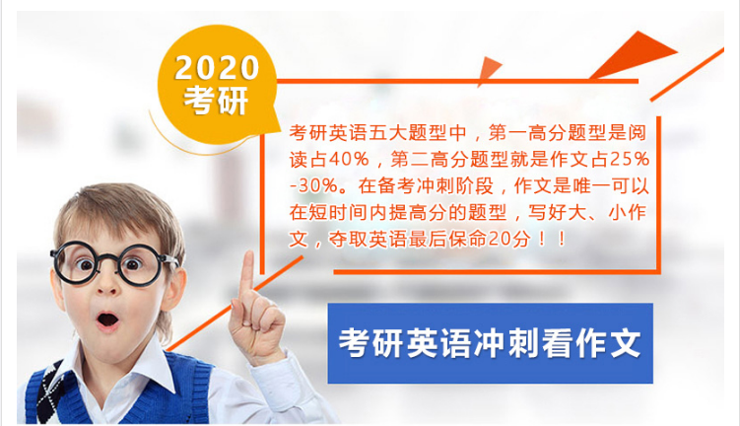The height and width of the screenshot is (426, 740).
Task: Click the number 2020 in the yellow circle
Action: coord(217,67)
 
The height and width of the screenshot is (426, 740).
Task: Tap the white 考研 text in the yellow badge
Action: coord(216,100)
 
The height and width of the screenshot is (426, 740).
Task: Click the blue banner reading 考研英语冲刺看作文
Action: coord(491,343)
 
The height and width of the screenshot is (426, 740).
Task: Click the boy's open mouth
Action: coord(108,320)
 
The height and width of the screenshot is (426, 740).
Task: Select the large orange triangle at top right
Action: coord(634,54)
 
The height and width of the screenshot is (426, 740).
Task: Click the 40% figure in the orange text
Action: coord(348,159)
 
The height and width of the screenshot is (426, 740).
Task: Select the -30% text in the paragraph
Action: coord(314,185)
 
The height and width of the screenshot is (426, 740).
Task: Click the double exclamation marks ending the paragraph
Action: coord(551,239)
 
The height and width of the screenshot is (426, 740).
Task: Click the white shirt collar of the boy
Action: coord(132,365)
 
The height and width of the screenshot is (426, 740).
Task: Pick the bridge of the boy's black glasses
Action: coord(108,258)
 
